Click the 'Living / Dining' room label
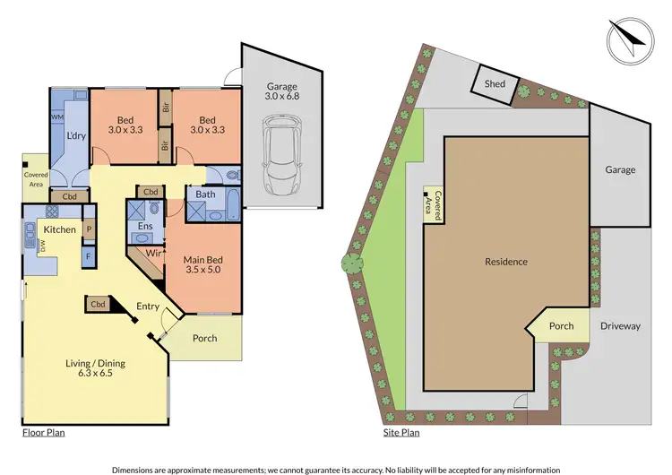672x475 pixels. click(95, 368)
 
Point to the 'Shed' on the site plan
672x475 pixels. click(495, 84)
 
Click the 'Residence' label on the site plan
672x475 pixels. click(506, 262)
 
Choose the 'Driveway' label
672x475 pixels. click(620, 326)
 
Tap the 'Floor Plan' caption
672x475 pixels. click(43, 432)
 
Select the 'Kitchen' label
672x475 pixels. click(60, 229)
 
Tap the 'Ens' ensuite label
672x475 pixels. click(144, 227)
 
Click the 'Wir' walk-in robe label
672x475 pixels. click(153, 254)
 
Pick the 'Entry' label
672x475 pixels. click(148, 307)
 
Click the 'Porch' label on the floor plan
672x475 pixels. click(205, 338)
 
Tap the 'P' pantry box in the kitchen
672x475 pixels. click(88, 229)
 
